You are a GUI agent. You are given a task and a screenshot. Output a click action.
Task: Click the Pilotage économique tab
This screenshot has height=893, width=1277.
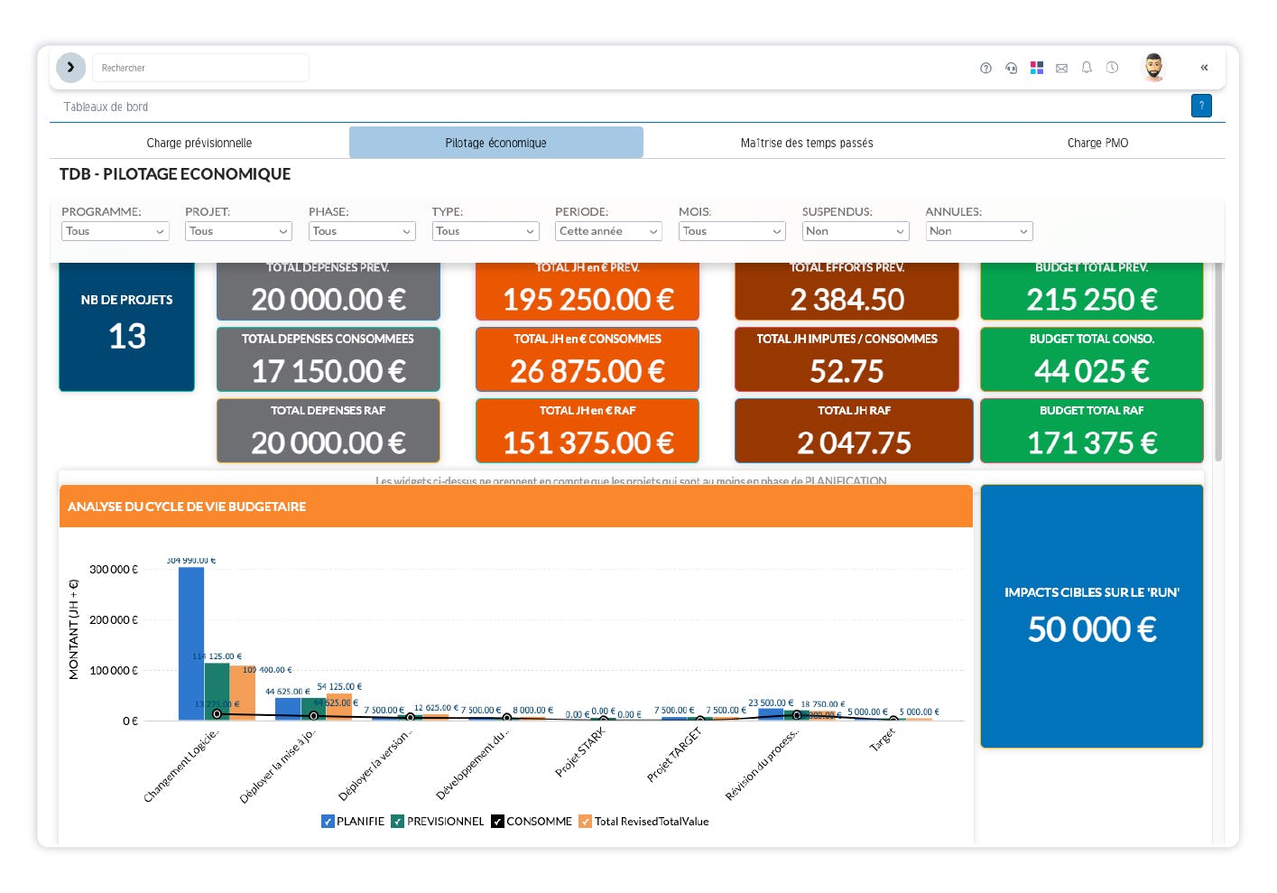[x=495, y=143]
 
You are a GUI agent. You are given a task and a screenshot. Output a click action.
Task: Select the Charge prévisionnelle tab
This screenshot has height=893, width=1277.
[x=199, y=143]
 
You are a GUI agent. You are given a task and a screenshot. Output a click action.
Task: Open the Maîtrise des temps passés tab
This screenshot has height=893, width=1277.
[x=806, y=143]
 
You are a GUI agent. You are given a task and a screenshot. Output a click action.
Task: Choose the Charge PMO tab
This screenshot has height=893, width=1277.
[x=1097, y=143]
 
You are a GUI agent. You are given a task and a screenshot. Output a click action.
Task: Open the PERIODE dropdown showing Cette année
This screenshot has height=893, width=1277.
[x=608, y=231]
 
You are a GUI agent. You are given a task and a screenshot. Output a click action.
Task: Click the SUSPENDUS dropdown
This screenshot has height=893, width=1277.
[x=855, y=231]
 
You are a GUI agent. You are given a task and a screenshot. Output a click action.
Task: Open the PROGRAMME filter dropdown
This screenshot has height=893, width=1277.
[x=115, y=231]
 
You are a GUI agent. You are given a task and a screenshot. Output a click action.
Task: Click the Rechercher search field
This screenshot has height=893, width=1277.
[x=200, y=68]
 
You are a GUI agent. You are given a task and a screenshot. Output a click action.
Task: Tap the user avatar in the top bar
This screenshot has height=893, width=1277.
[x=1153, y=68]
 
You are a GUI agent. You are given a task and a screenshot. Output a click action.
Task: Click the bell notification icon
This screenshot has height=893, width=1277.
[x=1087, y=68]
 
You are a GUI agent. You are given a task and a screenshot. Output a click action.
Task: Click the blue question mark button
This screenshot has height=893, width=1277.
[x=1201, y=106]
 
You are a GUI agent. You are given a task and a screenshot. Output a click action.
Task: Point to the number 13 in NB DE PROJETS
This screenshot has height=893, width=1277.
[x=127, y=337]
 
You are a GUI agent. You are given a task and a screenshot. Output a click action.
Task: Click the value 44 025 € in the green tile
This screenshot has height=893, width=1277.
[x=1091, y=371]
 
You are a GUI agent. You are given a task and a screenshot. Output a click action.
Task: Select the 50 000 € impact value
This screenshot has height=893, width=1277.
[x=1091, y=629]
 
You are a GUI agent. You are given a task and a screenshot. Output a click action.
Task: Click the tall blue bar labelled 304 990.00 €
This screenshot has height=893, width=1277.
[x=191, y=643]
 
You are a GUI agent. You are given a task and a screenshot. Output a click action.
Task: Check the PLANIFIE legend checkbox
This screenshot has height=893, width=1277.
[x=329, y=822]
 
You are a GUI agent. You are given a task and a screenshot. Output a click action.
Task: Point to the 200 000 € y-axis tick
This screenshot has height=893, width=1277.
[x=114, y=620]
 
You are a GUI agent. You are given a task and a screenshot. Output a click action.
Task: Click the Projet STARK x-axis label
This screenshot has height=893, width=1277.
[x=580, y=752]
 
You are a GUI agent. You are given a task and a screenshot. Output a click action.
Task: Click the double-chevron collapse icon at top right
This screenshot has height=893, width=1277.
[x=1204, y=68]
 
